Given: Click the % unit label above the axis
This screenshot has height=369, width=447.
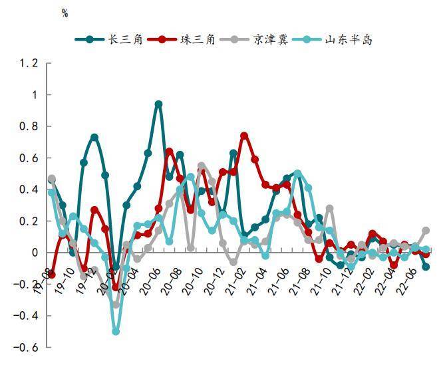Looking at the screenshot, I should [65, 14].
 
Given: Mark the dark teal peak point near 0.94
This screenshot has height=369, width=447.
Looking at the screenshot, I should [158, 104].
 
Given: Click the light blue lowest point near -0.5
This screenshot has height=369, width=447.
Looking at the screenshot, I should [116, 331].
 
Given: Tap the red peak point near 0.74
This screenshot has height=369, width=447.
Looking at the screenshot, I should [244, 136].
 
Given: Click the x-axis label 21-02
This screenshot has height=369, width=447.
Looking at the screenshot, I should [236, 281].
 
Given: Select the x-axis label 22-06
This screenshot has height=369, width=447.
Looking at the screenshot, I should [407, 281].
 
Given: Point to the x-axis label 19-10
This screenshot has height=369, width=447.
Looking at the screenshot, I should [65, 281].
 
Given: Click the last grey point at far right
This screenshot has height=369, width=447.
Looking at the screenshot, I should [426, 231].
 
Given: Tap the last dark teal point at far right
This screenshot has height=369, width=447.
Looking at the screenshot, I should [426, 267].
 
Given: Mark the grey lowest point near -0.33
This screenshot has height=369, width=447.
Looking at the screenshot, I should [116, 305].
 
